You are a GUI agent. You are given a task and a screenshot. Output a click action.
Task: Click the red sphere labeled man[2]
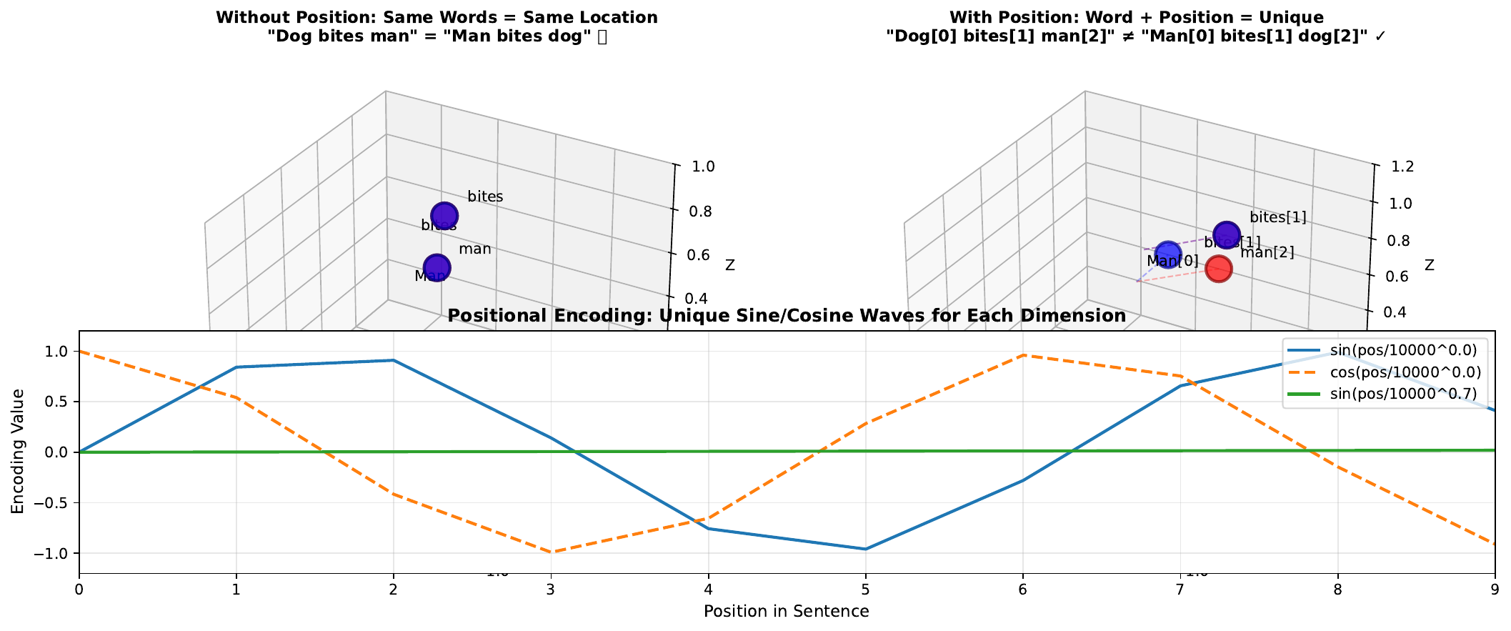[x=1218, y=269]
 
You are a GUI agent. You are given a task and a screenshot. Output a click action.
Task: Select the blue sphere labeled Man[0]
[x=1168, y=254]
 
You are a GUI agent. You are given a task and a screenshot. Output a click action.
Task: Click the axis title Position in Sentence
[x=786, y=612]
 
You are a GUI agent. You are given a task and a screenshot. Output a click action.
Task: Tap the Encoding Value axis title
[x=18, y=452]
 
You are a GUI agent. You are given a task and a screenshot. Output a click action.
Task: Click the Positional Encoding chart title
[x=786, y=316]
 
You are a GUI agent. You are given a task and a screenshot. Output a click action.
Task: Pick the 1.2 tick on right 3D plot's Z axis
[x=1403, y=167]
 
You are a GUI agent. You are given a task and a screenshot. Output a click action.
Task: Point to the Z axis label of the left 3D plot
[x=729, y=266]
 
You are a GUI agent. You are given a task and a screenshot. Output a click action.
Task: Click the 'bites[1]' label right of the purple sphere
[x=1277, y=217]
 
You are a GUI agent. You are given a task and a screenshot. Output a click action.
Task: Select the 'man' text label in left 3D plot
[x=474, y=249]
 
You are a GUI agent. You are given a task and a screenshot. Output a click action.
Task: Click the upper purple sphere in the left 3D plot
[x=444, y=215]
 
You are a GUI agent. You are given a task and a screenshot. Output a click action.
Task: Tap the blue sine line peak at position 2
[x=393, y=360]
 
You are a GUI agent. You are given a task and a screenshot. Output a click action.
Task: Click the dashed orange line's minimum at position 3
[x=551, y=552]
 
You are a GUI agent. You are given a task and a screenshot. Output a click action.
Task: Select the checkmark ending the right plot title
[x=1380, y=37]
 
